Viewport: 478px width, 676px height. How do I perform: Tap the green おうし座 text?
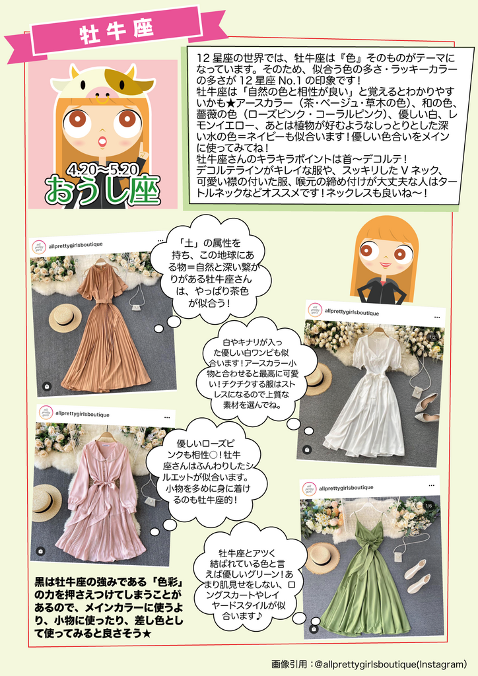pyautogui.click(x=102, y=190)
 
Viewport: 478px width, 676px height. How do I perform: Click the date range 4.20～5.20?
pyautogui.click(x=102, y=169)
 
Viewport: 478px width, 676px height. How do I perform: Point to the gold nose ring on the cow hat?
pyautogui.click(x=102, y=100)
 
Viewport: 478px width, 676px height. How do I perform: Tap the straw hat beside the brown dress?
pyautogui.click(x=65, y=318)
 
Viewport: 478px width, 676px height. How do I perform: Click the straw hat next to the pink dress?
pyautogui.click(x=48, y=502)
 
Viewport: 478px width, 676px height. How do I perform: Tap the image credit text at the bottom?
pyautogui.click(x=369, y=663)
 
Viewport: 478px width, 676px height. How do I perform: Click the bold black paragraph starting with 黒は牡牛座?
pyautogui.click(x=109, y=607)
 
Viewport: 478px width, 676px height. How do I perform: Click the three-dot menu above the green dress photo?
pyautogui.click(x=431, y=485)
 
